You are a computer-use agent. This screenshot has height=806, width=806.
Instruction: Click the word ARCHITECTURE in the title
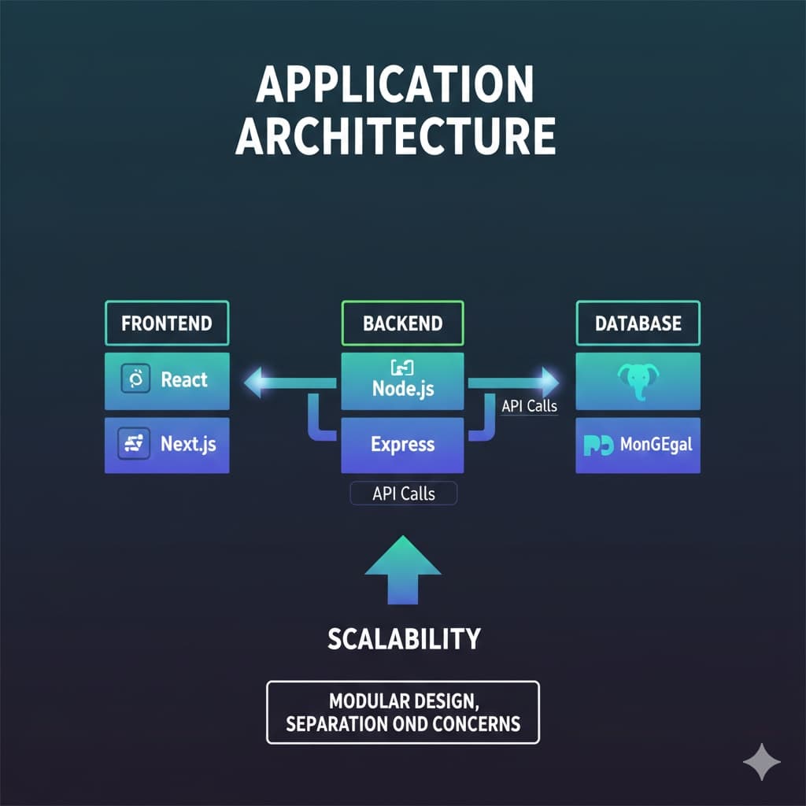(395, 135)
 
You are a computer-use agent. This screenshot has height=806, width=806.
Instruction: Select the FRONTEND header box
(167, 323)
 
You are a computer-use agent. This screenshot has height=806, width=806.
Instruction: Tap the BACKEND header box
(402, 323)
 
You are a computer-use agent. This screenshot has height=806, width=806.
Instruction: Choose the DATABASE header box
(638, 323)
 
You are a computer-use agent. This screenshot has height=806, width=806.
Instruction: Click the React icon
(135, 380)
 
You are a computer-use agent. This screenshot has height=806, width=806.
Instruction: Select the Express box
(402, 444)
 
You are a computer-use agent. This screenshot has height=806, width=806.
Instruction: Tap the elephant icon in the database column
(638, 381)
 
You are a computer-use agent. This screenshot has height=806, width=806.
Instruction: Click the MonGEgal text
(656, 445)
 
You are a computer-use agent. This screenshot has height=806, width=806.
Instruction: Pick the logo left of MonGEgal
(598, 446)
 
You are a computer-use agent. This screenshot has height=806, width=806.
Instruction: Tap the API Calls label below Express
(403, 494)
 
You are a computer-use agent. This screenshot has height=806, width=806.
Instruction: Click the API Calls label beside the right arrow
(529, 407)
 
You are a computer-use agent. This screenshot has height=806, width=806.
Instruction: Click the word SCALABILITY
(403, 638)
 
